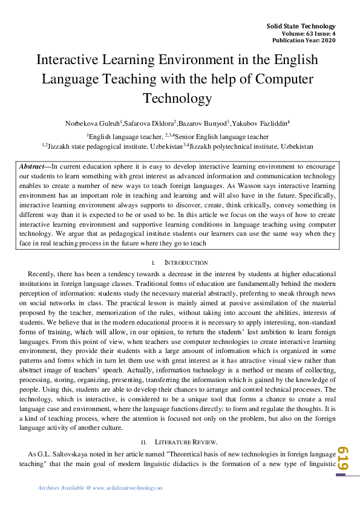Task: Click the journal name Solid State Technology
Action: tap(301, 27)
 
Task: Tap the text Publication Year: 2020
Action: tap(304, 41)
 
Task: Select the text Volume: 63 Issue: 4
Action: tap(309, 34)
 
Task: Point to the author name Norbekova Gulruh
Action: tap(93, 123)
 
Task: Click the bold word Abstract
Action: tap(31, 166)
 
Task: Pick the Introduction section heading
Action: tap(186, 263)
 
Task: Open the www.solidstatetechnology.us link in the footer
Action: tap(128, 488)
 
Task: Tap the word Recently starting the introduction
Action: tap(41, 273)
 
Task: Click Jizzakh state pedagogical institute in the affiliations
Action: tap(99, 146)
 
